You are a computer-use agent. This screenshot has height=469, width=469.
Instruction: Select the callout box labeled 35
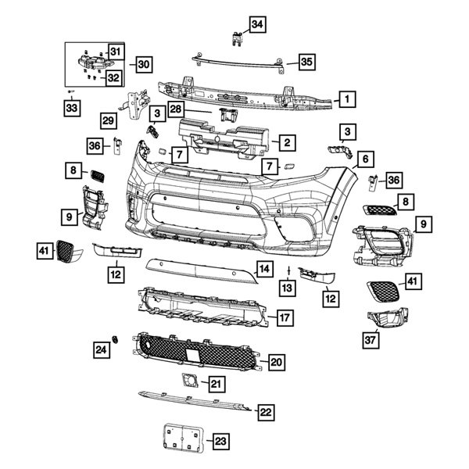coord(306,60)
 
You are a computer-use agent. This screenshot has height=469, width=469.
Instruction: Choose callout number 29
coord(109,120)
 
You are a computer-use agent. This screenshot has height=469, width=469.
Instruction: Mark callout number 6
coord(363,160)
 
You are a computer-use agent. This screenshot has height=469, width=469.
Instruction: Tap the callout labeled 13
coord(288,289)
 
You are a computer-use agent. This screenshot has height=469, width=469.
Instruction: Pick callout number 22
coord(266,412)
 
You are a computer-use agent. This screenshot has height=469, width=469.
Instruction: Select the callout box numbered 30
coord(141,64)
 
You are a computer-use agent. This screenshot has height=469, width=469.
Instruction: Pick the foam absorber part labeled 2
coord(227,139)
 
